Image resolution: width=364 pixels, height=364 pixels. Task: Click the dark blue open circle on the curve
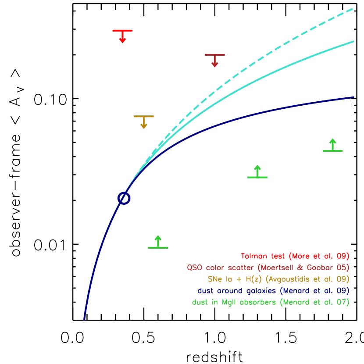click(124, 198)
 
